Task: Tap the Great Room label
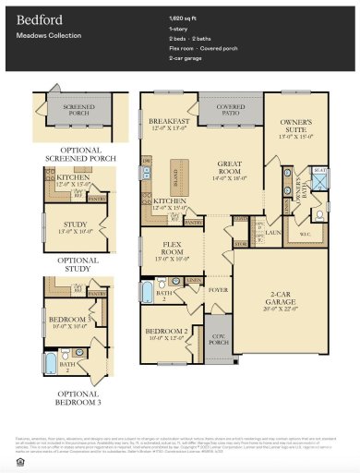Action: point(230,168)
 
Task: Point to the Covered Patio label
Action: point(231,109)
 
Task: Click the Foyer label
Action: point(218,289)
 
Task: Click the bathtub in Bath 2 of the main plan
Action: point(150,294)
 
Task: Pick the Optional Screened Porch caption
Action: point(78,152)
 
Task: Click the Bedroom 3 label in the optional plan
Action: point(69,321)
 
